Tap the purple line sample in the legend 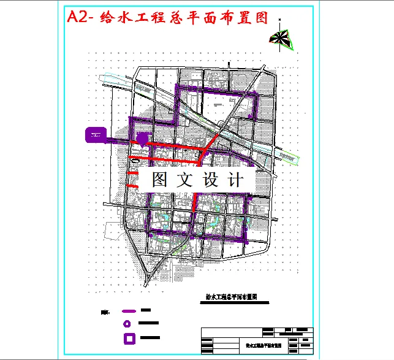click(x=129, y=311)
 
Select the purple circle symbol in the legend click(x=127, y=323)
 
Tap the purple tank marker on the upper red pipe click(x=142, y=139)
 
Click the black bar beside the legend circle click(x=150, y=323)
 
